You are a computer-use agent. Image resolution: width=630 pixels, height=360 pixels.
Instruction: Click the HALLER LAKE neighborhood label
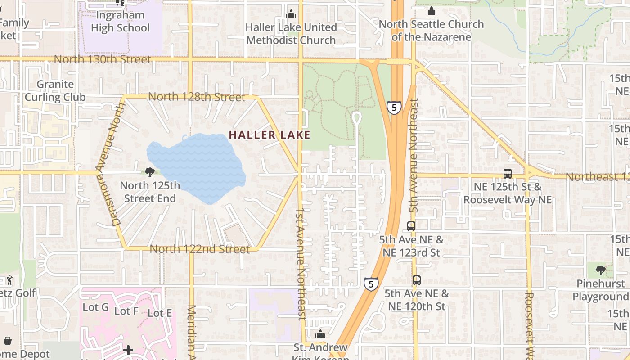[270, 135]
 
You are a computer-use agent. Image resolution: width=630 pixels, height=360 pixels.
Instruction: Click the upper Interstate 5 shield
[394, 108]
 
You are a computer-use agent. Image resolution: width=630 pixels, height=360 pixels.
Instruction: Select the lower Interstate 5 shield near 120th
[371, 284]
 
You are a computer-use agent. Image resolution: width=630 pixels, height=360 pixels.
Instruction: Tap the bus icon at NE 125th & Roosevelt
[508, 174]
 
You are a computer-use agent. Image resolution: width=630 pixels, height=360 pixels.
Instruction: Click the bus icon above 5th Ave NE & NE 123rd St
[411, 226]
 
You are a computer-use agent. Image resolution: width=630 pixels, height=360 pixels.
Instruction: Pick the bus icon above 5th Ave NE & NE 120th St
[417, 280]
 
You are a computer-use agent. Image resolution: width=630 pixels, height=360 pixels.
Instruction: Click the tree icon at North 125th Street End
[150, 172]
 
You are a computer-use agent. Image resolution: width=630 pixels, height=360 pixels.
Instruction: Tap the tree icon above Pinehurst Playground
[600, 270]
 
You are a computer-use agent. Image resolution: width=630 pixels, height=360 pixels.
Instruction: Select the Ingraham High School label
[120, 22]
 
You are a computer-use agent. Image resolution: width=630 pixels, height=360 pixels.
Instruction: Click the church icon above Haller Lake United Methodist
[291, 14]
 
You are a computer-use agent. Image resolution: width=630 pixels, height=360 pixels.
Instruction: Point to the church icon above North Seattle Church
[432, 11]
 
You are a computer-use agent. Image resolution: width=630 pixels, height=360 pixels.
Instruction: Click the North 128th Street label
[197, 97]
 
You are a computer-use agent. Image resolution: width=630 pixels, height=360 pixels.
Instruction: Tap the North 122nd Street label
[199, 249]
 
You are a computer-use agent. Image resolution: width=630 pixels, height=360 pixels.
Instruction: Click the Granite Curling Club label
[55, 90]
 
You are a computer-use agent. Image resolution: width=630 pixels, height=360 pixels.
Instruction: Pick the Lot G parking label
[96, 307]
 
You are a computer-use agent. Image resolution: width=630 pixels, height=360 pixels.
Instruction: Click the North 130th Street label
[103, 59]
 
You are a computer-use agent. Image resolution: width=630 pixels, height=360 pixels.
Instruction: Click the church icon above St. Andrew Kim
[320, 334]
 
